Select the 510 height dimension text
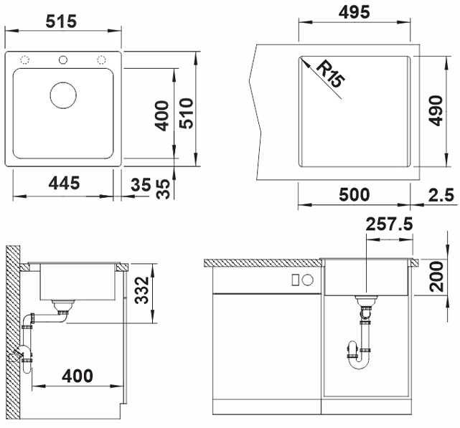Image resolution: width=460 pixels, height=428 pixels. pyautogui.click(x=187, y=113)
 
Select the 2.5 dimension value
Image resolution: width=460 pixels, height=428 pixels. pyautogui.click(x=441, y=194)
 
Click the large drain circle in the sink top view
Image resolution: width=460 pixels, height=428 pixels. pyautogui.click(x=63, y=95)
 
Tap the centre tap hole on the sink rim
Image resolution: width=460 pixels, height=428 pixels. pyautogui.click(x=63, y=59)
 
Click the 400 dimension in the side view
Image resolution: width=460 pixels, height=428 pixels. pyautogui.click(x=77, y=375)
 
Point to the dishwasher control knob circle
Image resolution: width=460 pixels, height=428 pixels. pyautogui.click(x=308, y=280)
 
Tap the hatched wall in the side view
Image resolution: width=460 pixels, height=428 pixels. pyautogui.click(x=13, y=337)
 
